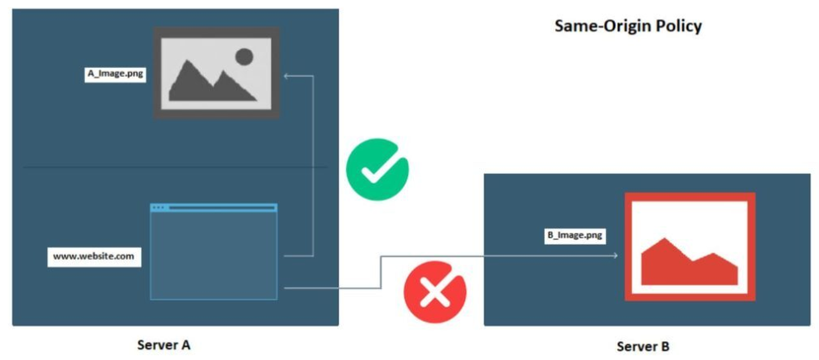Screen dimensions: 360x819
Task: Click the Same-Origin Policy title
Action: [x=628, y=25]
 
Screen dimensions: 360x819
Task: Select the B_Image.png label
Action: [x=575, y=235]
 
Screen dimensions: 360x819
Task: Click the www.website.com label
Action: [x=93, y=256]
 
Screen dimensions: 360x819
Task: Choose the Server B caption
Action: [x=643, y=346]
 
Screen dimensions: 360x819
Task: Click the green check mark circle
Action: [x=376, y=168]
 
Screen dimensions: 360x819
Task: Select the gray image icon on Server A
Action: [x=216, y=73]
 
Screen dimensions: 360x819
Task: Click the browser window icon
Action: [x=213, y=251]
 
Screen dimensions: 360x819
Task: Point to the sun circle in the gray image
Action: [x=243, y=56]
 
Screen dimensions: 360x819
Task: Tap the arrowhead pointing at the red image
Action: [x=613, y=256]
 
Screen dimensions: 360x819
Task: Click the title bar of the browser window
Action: [x=213, y=208]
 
